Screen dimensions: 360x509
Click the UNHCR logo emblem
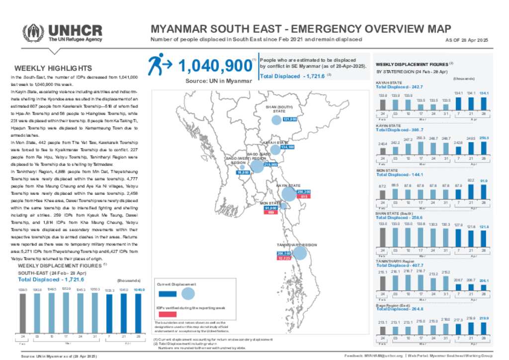pos(33,33)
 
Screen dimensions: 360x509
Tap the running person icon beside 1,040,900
pos(159,64)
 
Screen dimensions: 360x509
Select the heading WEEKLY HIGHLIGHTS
pos(53,69)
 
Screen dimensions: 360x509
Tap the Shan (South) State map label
pos(278,108)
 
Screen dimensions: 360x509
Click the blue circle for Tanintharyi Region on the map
pos(300,254)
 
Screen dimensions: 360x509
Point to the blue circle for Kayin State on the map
pos(288,194)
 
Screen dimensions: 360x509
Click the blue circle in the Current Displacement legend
pos(188,293)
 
